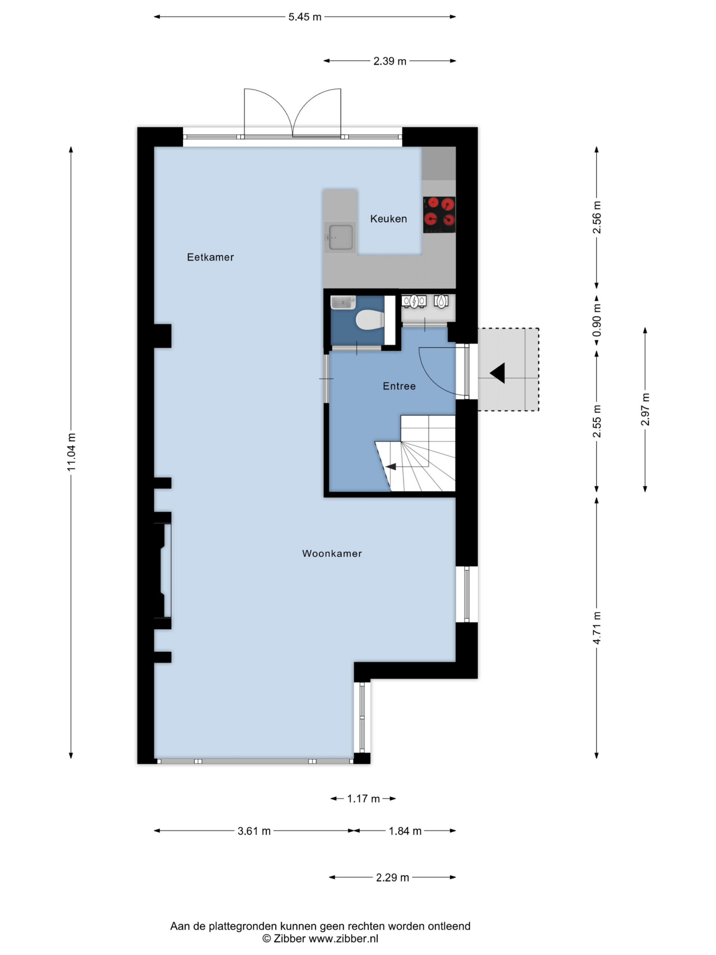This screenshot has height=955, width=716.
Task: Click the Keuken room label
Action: pos(389,219)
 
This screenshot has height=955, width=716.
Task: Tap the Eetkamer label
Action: pos(210,257)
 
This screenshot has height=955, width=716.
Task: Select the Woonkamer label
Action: pos(332,554)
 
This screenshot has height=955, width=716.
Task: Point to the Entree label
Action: pos(399,386)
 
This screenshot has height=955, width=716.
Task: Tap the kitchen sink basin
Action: pos(340,237)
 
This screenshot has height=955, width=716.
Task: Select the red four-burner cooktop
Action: pos(439,215)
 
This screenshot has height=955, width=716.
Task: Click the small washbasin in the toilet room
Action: pos(343,302)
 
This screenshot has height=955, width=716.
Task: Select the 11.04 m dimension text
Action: pos(71,452)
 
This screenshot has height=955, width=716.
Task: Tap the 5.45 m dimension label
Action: pos(305,17)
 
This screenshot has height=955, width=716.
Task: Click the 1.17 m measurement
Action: pos(363,799)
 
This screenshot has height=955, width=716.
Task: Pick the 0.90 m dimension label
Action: pos(596,320)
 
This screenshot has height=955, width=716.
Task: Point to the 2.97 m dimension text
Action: pos(645,409)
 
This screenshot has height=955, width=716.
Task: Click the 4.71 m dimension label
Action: pos(596,628)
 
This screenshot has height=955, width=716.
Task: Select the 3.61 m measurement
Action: pos(254,831)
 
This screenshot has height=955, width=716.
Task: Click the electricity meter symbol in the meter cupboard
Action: pos(414,301)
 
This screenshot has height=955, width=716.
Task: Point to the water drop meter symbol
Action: pos(441,301)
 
